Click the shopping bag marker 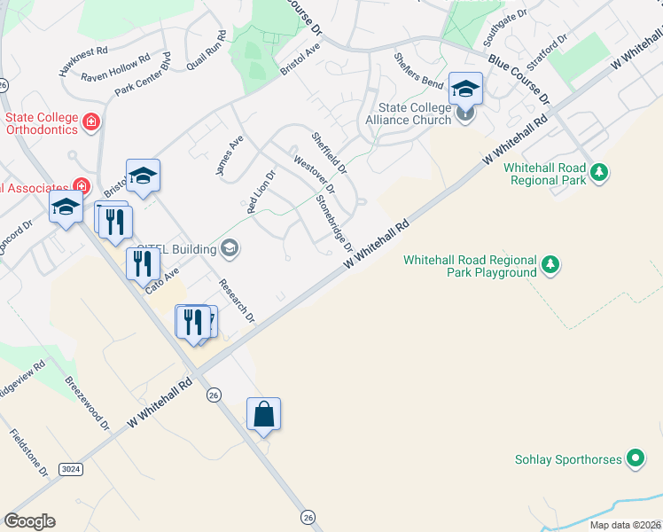(263, 414)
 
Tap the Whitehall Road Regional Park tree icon (600, 171)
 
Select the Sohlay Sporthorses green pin (635, 459)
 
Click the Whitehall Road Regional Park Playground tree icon (550, 264)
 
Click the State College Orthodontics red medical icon (90, 121)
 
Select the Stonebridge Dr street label (336, 221)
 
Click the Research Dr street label (237, 301)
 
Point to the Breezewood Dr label (87, 403)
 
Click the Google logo (29, 520)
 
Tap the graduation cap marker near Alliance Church (465, 90)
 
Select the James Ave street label (230, 155)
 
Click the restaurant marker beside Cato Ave (142, 263)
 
